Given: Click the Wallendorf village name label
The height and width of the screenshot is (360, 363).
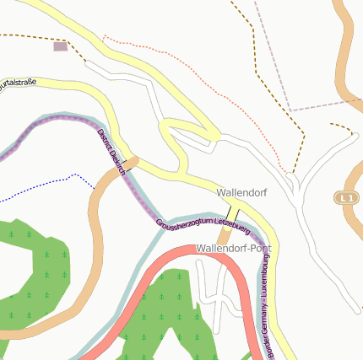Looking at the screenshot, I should coord(241,193).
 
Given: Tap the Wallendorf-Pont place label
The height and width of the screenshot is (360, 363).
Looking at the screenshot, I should coord(233,249).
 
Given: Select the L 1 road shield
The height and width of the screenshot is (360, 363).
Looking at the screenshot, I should coord(344,197).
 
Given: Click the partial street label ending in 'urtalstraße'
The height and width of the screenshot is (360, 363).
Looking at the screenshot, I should coord(19,83).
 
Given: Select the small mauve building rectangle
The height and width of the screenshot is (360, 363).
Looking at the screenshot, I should coord(60,46).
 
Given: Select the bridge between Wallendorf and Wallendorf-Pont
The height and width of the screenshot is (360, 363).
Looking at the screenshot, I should coord(234,212).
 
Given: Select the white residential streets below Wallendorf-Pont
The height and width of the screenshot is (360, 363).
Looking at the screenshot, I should coord(211,291).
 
